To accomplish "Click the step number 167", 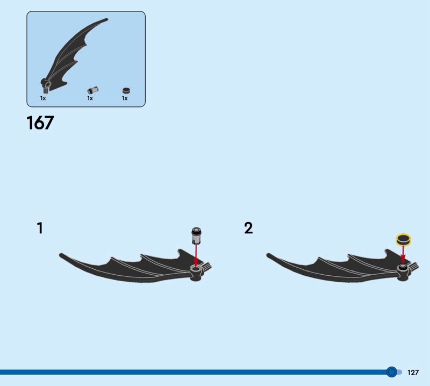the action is point(40,123).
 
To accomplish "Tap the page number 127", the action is point(413,372).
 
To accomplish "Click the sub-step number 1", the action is point(40,228).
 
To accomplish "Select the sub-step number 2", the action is point(248,228).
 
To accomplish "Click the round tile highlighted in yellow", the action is point(403,239).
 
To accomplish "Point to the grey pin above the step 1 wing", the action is point(196,235).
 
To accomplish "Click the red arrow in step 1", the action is point(196,256).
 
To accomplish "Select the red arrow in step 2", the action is point(403,255).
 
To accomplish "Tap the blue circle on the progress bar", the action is point(392,372).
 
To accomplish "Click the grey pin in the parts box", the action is point(93,90).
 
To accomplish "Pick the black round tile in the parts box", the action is point(126,90).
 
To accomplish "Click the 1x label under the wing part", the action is point(43,98).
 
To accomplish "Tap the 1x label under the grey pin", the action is point(90,98).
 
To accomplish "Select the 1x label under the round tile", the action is point(125,98).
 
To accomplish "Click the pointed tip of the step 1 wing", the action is point(60,255).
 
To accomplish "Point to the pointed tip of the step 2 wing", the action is point(268,255).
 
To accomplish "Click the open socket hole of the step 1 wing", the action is point(196,271).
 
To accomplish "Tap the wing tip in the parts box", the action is point(106,19).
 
